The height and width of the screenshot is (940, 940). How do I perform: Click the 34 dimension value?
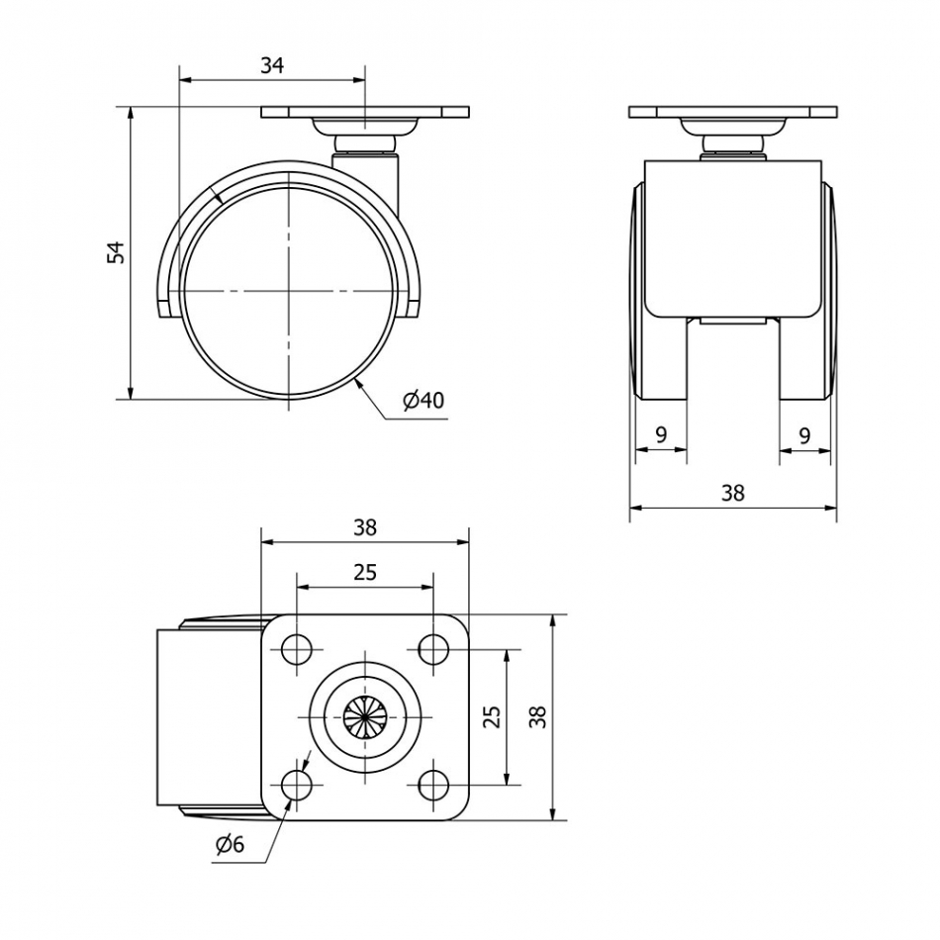[x=272, y=65]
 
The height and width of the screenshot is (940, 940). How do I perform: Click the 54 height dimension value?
[x=117, y=251]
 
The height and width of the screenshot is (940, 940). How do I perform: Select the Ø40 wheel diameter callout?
[x=423, y=400]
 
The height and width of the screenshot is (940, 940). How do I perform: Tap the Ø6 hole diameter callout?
[x=229, y=844]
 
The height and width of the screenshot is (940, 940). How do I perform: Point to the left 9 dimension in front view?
[x=660, y=434]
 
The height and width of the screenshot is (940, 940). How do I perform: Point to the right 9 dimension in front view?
[x=804, y=434]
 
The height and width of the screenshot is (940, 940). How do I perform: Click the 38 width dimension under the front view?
[x=732, y=493]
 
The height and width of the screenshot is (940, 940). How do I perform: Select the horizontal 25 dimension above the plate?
[x=365, y=572]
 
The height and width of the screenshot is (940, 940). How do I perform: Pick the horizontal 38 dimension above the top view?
[x=365, y=527]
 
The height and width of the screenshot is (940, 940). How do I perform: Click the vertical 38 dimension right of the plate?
[x=537, y=716]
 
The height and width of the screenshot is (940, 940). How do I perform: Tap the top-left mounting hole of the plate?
[x=295, y=649]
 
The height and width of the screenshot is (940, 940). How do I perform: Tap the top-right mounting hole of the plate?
[x=432, y=649]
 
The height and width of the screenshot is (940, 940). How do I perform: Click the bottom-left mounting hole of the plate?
[x=295, y=786]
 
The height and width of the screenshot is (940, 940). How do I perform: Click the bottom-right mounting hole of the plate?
[x=432, y=786]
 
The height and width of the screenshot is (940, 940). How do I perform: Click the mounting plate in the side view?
[x=364, y=113]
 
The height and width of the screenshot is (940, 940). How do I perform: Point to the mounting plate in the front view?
[x=732, y=112]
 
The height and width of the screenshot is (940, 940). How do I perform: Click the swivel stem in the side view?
[x=367, y=168]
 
